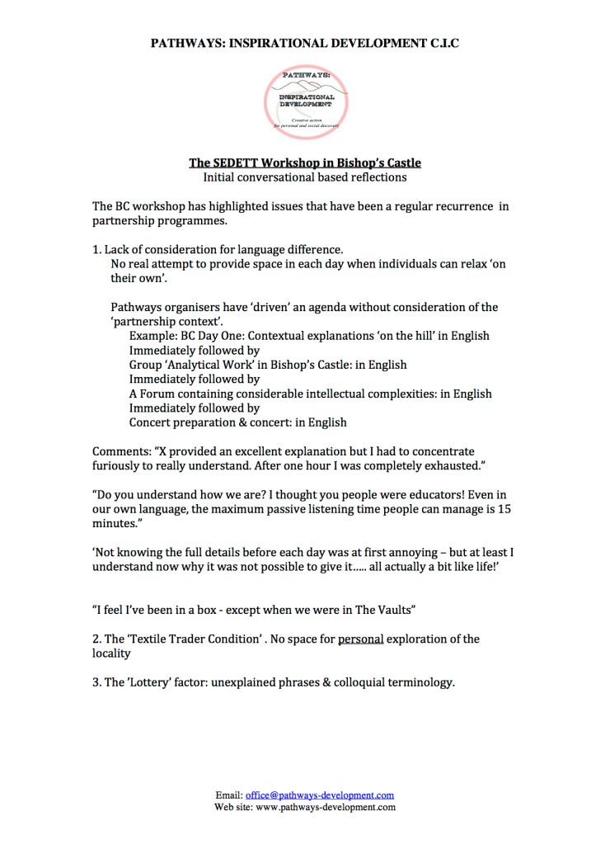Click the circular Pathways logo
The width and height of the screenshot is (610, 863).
tap(306, 101)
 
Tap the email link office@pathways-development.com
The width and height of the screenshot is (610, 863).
tap(320, 795)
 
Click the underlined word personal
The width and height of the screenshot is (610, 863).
tap(360, 639)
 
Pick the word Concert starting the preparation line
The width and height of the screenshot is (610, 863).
tap(152, 422)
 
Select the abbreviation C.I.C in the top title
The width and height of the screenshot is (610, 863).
tap(439, 43)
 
